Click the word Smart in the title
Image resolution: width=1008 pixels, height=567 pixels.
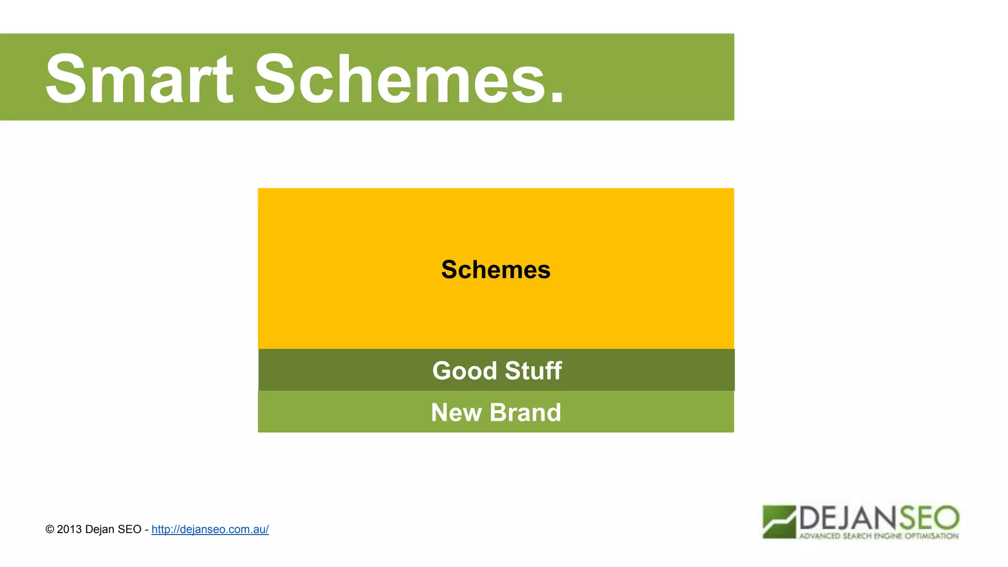click(x=139, y=79)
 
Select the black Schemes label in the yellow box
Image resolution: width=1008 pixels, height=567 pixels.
click(x=496, y=270)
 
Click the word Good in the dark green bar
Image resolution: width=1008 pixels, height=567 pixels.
click(x=465, y=371)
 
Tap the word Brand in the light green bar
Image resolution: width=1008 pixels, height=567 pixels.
click(x=525, y=412)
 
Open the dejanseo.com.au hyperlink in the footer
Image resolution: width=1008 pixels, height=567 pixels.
click(x=210, y=529)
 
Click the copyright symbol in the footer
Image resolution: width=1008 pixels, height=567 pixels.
click(x=50, y=530)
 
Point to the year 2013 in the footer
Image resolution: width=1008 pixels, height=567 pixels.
click(x=69, y=529)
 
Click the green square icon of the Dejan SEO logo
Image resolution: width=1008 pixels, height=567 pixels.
click(x=779, y=522)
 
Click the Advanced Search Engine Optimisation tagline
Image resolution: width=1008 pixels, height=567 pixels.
click(x=879, y=536)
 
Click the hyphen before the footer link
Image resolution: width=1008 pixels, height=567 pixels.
click(x=147, y=530)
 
